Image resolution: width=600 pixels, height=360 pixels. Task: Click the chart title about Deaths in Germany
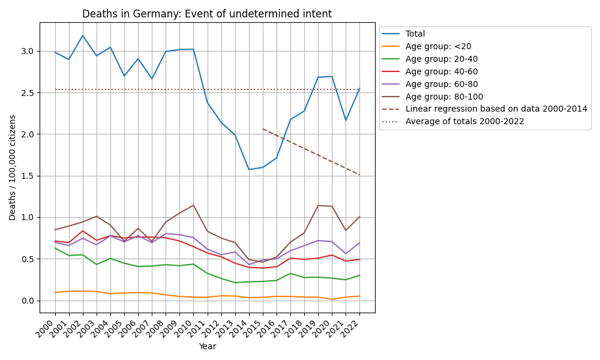[207, 14]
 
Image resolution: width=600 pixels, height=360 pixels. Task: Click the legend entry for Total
[415, 34]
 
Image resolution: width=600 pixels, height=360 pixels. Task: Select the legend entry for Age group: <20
[433, 47]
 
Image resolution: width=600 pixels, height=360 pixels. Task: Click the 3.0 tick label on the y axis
[28, 51]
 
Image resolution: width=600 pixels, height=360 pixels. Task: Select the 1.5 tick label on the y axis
[28, 176]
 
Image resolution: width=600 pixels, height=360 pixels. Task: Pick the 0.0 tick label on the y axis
[28, 301]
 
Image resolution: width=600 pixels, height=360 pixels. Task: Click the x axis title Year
[207, 346]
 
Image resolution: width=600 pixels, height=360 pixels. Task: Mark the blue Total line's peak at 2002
[83, 35]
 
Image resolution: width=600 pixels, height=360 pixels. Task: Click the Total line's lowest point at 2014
[249, 169]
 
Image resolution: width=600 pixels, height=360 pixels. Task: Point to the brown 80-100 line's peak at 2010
[193, 205]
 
